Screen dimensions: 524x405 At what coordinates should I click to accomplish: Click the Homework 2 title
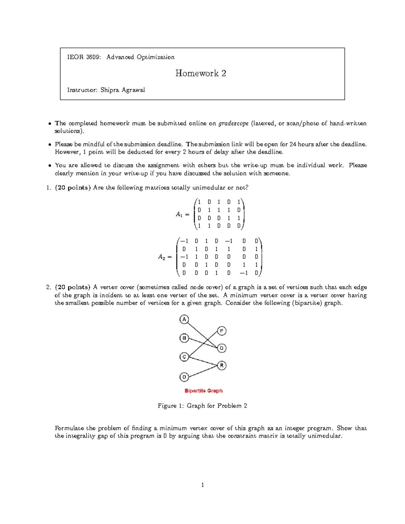pyautogui.click(x=200, y=73)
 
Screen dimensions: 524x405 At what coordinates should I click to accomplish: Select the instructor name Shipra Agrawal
pyautogui.click(x=123, y=90)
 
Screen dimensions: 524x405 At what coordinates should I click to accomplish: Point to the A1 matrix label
pyautogui.click(x=179, y=214)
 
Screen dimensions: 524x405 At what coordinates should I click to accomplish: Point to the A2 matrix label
pyautogui.click(x=161, y=257)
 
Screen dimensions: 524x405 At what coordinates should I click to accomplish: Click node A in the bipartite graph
pyautogui.click(x=184, y=319)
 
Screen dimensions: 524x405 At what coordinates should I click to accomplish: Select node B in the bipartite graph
pyautogui.click(x=184, y=338)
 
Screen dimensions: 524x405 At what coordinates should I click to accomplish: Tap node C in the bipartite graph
pyautogui.click(x=184, y=357)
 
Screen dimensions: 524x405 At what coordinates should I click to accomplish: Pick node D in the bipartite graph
pyautogui.click(x=184, y=377)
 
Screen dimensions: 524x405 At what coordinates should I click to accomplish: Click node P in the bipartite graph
pyautogui.click(x=221, y=331)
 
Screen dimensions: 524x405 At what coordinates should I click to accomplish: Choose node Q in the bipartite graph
pyautogui.click(x=221, y=348)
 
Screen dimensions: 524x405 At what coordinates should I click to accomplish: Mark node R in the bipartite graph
pyautogui.click(x=221, y=365)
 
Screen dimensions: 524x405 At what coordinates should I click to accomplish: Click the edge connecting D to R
pyautogui.click(x=202, y=371)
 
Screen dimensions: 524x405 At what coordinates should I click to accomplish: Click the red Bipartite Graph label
pyautogui.click(x=204, y=391)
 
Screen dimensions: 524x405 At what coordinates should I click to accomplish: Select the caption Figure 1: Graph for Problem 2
pyautogui.click(x=202, y=406)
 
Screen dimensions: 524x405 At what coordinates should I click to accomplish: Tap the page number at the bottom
pyautogui.click(x=202, y=485)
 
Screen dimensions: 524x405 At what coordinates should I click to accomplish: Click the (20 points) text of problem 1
pyautogui.click(x=73, y=188)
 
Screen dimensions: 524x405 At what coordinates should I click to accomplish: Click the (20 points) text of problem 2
pyautogui.click(x=73, y=287)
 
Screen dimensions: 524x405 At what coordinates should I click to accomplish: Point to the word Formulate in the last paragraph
pyautogui.click(x=69, y=428)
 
